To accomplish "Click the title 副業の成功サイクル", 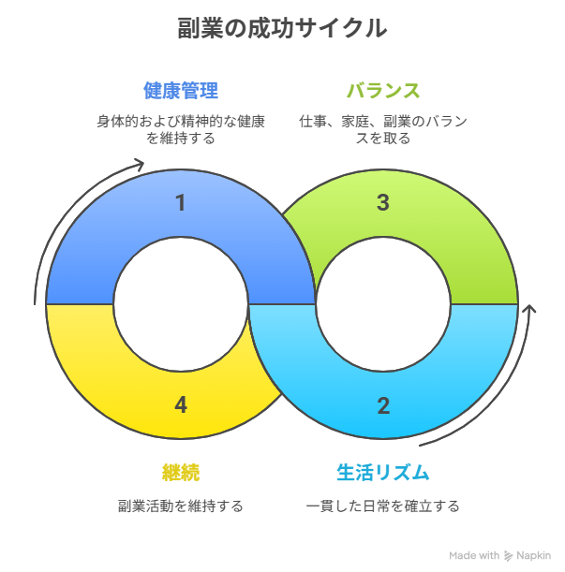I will click(281, 29).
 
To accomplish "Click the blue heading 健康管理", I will click(181, 91).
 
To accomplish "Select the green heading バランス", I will click(382, 91).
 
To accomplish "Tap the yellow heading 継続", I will click(181, 471).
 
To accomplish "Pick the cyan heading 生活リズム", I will click(382, 471).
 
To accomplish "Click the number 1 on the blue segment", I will click(181, 202).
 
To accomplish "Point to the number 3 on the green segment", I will click(382, 202).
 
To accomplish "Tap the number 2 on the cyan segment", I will click(382, 405).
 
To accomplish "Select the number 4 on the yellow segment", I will click(181, 405).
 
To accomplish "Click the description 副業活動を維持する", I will click(181, 506).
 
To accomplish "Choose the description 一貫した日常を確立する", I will click(382, 506).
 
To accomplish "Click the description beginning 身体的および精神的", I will click(181, 129).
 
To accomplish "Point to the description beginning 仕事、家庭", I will click(382, 129).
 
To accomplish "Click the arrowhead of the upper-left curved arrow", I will click(140, 166).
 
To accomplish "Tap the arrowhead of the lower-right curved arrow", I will click(531, 309).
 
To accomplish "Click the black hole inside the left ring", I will click(181, 304).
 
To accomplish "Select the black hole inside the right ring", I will click(382, 304).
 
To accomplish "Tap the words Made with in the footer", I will click(473, 555).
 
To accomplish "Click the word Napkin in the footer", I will click(534, 555).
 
